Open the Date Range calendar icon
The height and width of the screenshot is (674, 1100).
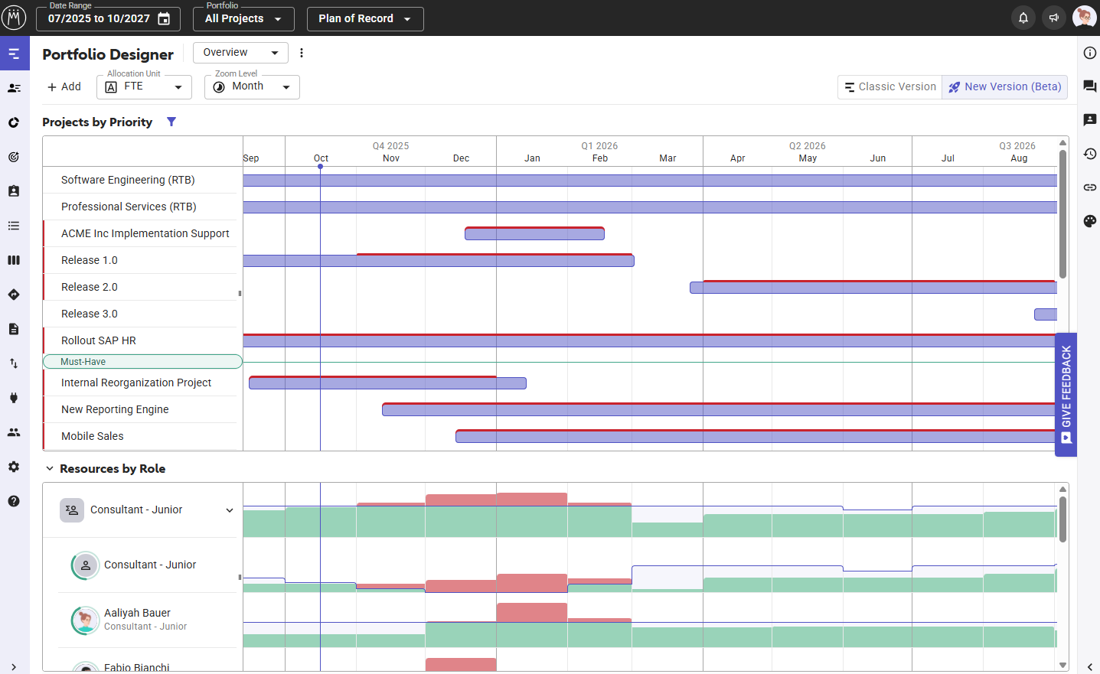tap(164, 19)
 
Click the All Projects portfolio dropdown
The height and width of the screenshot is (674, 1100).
tap(243, 19)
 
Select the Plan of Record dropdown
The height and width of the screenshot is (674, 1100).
tap(365, 19)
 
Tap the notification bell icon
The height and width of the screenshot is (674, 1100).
tap(1023, 18)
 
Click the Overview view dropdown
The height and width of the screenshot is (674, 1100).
tap(240, 53)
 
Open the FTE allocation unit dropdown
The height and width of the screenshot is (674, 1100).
tap(144, 87)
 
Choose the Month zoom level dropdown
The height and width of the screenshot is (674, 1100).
tap(252, 87)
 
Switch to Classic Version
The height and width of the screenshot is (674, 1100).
tap(889, 87)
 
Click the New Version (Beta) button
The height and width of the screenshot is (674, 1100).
tap(1004, 87)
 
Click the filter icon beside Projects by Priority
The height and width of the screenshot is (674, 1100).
tap(171, 122)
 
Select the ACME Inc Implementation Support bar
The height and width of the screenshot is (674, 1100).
tap(534, 234)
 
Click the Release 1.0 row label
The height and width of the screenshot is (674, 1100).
tap(90, 261)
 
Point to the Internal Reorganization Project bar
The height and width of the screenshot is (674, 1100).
tap(387, 383)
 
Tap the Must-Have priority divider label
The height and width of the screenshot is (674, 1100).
tap(83, 362)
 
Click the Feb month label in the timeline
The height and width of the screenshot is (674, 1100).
tap(600, 158)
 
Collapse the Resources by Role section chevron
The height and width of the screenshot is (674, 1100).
tap(50, 469)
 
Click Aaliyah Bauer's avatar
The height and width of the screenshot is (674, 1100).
tap(86, 620)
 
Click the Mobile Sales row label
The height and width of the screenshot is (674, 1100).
tap(93, 437)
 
